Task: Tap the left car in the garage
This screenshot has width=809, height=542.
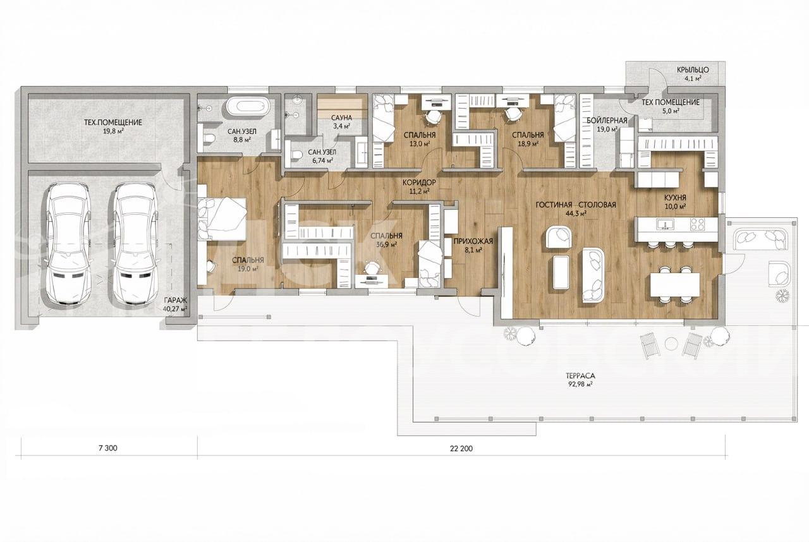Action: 68,243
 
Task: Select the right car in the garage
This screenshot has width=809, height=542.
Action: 135,243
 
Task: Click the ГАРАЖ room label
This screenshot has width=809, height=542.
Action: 176,300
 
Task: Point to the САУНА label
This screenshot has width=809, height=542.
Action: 341,118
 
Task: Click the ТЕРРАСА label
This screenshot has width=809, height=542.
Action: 580,376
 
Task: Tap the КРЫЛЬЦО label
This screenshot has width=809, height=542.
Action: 693,70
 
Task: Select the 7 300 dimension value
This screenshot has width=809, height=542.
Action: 107,448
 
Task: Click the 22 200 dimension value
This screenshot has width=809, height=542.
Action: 461,449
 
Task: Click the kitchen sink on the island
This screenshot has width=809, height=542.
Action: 665,224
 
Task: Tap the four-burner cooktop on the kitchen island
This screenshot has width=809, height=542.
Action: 697,224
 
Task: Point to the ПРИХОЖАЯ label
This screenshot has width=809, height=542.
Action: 473,241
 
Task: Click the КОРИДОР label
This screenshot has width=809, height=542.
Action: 419,182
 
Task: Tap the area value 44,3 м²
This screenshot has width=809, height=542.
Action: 576,214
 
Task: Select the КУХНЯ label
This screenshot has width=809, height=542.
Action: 675,198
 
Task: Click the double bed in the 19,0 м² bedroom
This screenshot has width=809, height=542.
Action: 222,219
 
